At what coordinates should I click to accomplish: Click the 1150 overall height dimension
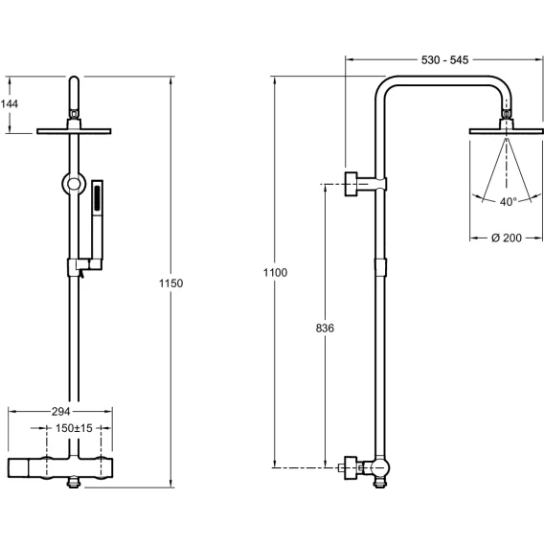[x=170, y=283]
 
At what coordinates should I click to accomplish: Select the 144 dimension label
[x=9, y=103]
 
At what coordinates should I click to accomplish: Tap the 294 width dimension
[x=60, y=412]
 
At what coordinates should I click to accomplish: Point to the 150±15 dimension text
[x=74, y=428]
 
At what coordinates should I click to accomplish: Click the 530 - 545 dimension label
[x=444, y=60]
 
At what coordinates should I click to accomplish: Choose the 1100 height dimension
[x=275, y=273]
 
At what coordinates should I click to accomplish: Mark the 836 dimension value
[x=325, y=328]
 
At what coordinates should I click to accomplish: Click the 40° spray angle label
[x=509, y=201]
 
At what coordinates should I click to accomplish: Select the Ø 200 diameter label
[x=507, y=238]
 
